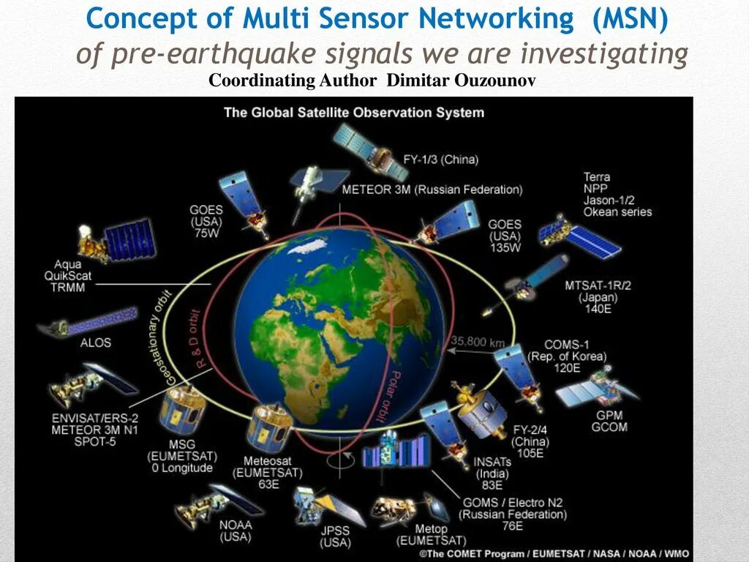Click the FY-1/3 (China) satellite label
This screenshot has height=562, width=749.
(x=441, y=159)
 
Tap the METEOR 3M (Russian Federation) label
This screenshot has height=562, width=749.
(x=432, y=190)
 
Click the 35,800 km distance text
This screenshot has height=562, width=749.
(x=478, y=340)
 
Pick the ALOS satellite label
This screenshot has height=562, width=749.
(x=96, y=342)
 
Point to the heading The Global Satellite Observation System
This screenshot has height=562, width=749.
(x=354, y=113)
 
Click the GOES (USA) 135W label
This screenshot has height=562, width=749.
(x=505, y=236)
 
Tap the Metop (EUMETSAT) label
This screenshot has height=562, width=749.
(x=430, y=534)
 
